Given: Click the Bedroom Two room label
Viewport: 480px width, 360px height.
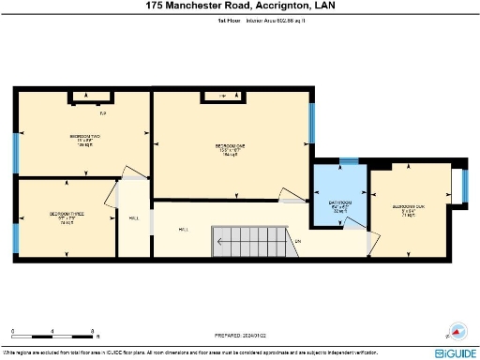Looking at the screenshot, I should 84,140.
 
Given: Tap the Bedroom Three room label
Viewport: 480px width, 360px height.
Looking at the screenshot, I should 67,217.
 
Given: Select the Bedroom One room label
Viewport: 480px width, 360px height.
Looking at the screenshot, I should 231,149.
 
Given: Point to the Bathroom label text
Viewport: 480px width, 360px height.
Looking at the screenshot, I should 339,206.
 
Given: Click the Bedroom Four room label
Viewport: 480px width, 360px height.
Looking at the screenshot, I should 408,209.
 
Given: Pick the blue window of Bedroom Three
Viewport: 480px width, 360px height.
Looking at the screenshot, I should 14,226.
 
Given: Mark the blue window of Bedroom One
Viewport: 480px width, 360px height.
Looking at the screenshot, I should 311,122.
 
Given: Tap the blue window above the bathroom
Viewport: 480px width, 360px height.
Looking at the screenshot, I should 348,161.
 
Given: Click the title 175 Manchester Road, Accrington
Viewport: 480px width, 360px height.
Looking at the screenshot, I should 240,6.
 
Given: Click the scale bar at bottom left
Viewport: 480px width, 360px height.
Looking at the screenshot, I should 52,335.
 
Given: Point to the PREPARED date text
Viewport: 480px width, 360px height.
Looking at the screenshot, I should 241,335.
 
